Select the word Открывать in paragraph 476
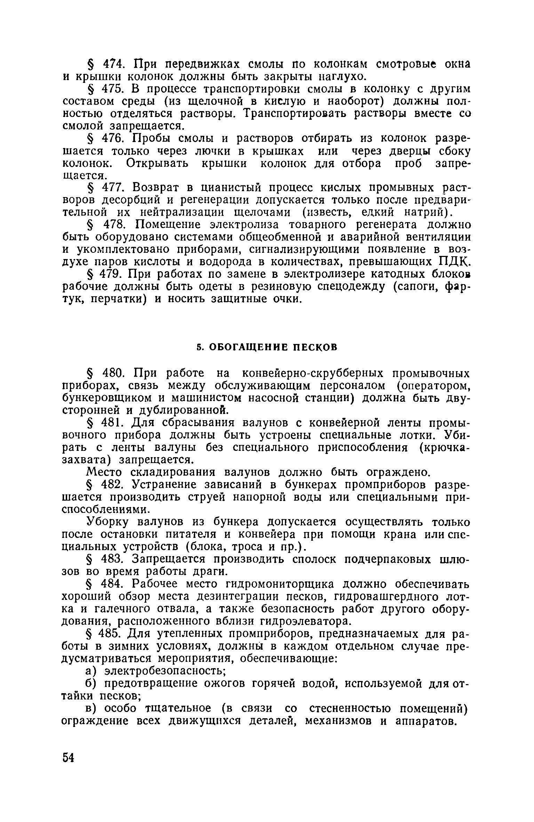coord(161,163)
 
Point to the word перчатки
coord(118,299)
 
